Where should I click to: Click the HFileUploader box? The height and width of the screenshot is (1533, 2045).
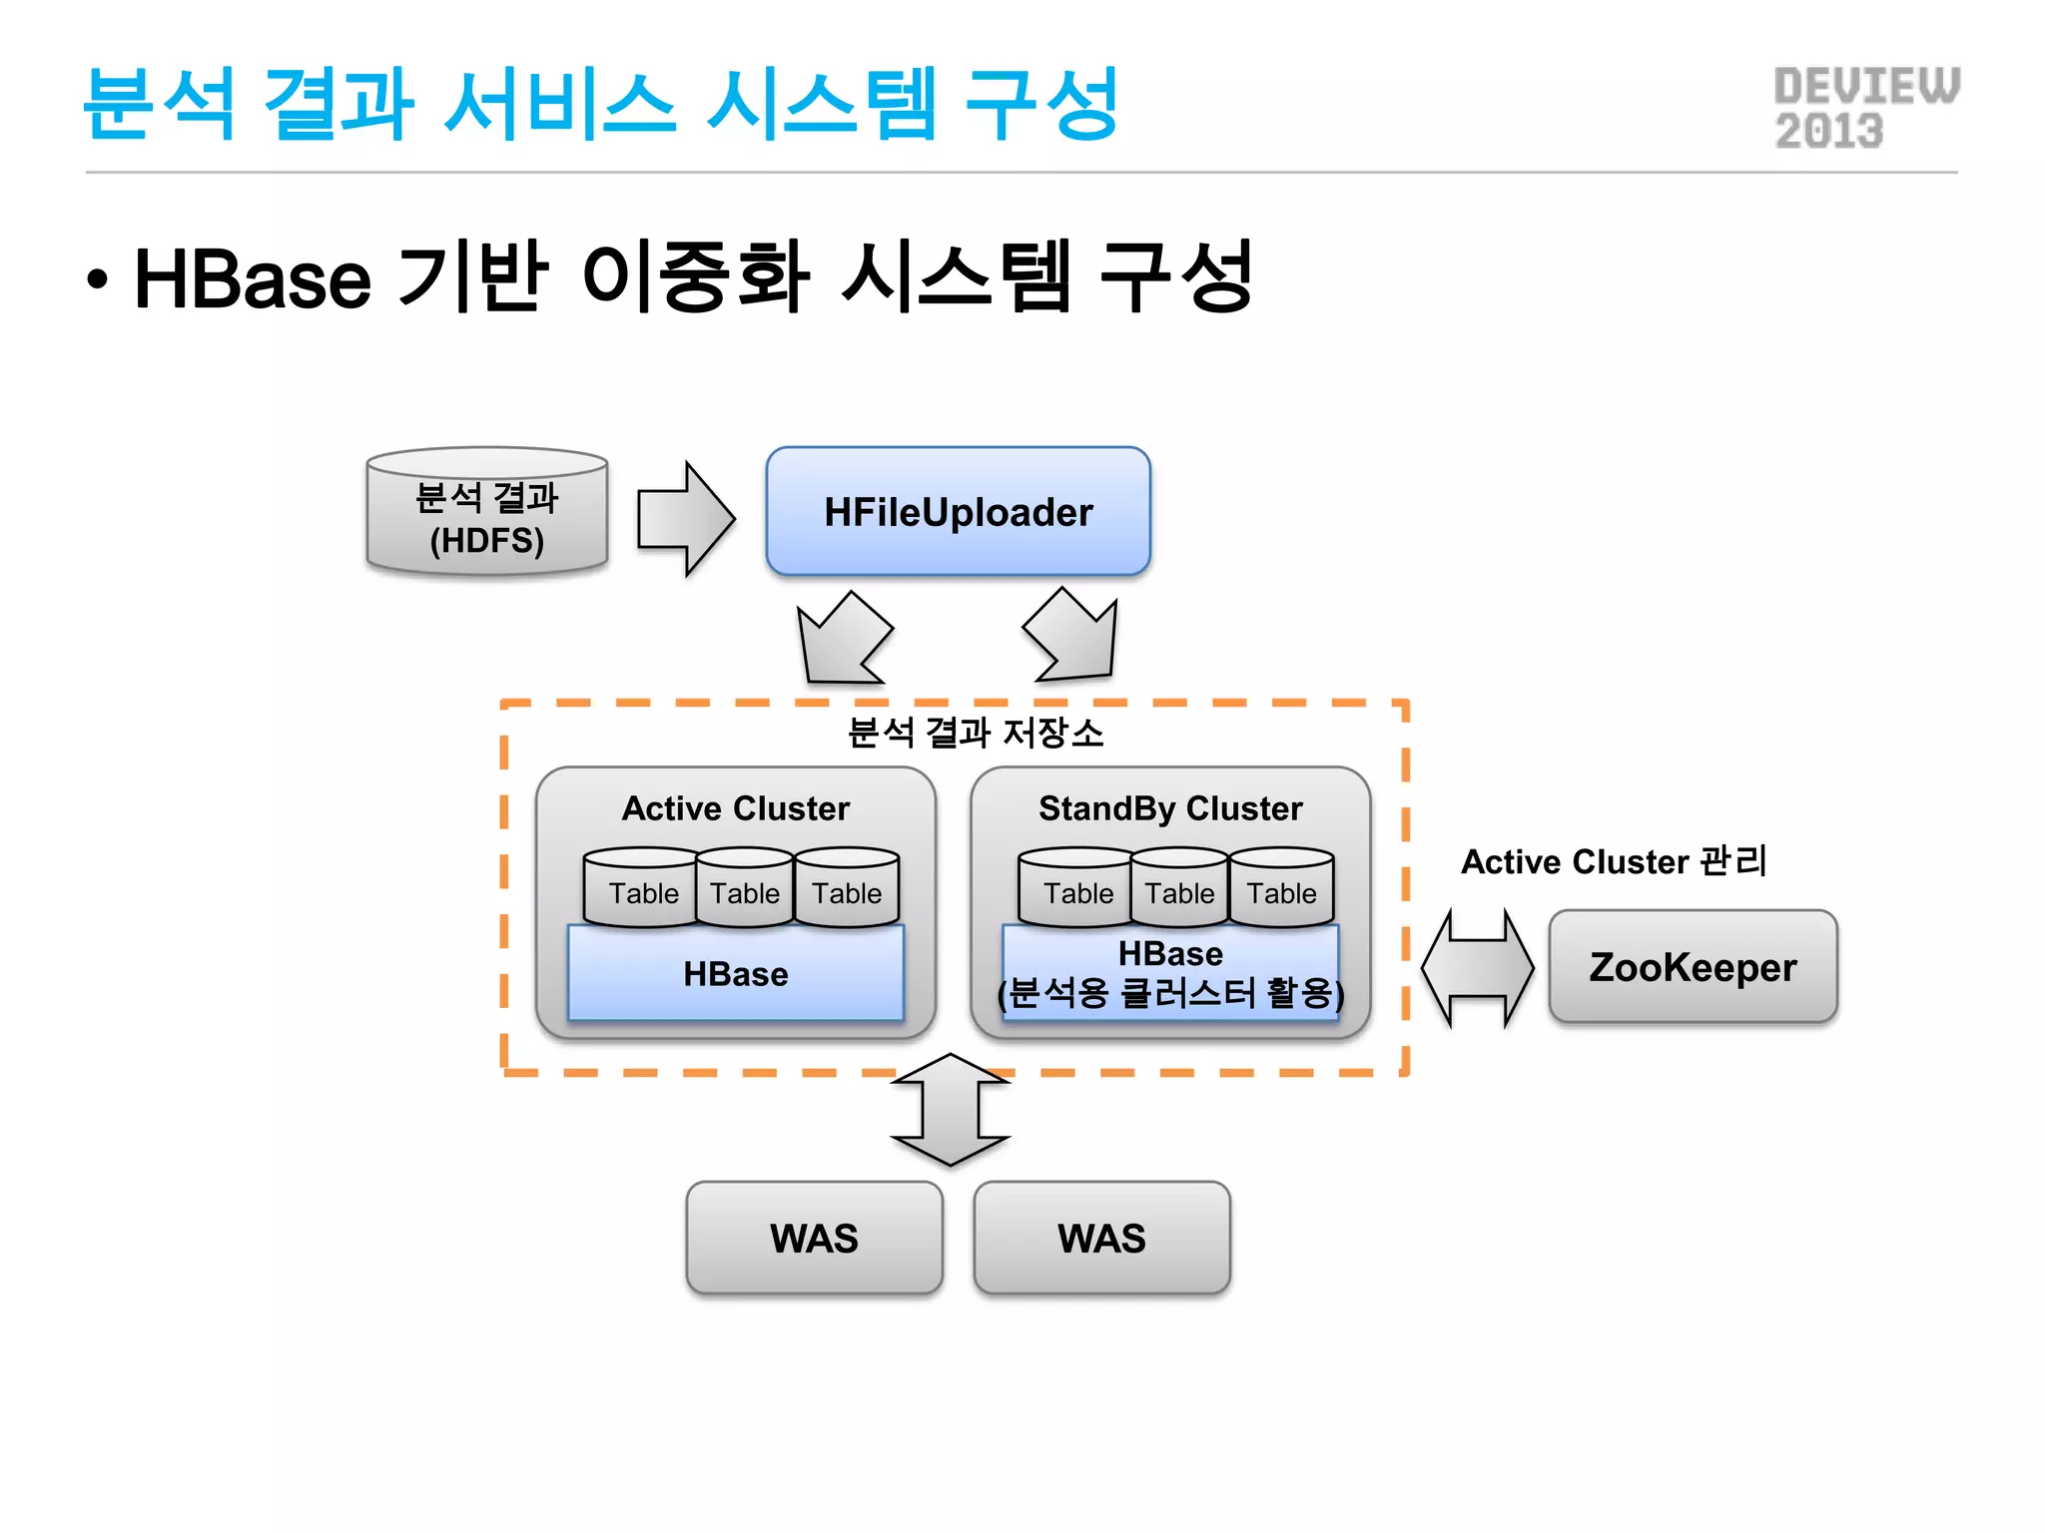tap(958, 511)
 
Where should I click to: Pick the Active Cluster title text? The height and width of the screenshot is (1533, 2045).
tap(735, 807)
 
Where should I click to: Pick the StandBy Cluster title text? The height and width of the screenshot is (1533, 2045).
tap(1170, 807)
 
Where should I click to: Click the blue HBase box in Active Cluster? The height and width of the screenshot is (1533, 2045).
tap(735, 973)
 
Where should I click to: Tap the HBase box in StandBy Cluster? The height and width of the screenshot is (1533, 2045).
tap(1170, 973)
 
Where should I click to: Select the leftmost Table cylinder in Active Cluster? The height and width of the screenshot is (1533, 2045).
tap(643, 889)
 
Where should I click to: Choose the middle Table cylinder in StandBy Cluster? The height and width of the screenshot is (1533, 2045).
tap(1179, 889)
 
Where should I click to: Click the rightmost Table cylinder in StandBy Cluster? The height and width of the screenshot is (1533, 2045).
tap(1282, 889)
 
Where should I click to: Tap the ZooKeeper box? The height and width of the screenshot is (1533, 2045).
tap(1693, 966)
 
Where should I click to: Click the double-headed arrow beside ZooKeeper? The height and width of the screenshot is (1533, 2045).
tap(1477, 967)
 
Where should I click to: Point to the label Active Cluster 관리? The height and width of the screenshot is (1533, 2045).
tap(1614, 860)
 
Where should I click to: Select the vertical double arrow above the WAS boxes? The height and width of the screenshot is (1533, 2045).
tap(950, 1110)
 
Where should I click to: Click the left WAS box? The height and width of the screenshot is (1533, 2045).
tap(814, 1238)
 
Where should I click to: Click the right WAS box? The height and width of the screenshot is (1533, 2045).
tap(1101, 1238)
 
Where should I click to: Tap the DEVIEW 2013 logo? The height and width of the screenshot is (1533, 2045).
tap(1865, 108)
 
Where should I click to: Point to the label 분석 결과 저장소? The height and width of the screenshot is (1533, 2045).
tap(975, 733)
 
